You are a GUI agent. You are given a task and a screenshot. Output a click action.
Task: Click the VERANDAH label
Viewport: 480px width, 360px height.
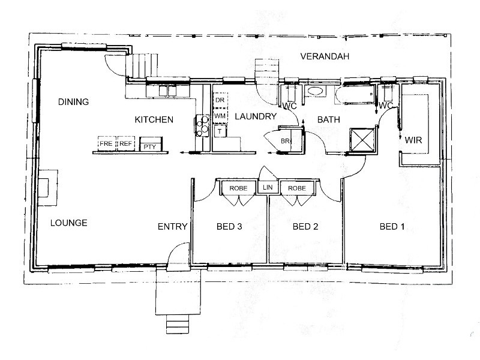click(325, 56)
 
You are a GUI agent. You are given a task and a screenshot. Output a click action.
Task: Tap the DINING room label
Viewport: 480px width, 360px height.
click(73, 101)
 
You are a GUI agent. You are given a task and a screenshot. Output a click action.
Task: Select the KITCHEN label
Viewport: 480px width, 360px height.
click(154, 119)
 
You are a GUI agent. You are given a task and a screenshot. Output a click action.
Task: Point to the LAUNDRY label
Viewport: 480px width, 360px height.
click(256, 116)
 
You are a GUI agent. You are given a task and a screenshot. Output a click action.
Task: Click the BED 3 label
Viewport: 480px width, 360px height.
click(229, 227)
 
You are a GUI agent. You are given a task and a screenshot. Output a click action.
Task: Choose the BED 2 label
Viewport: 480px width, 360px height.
click(305, 227)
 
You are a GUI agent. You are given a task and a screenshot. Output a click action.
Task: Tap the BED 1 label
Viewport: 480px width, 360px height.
click(392, 227)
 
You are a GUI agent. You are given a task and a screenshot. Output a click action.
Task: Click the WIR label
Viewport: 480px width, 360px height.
click(413, 140)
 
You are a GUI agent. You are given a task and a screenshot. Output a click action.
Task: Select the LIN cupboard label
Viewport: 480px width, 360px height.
click(268, 187)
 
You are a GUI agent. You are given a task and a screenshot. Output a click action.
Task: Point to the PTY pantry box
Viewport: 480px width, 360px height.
click(151, 144)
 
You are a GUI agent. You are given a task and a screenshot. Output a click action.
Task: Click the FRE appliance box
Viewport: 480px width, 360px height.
click(106, 143)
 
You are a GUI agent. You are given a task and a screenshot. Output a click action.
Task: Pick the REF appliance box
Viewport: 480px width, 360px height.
click(125, 143)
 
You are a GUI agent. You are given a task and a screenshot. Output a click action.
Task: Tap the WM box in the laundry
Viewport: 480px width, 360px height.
click(220, 116)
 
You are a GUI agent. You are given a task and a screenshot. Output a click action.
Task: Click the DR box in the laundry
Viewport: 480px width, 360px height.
click(220, 100)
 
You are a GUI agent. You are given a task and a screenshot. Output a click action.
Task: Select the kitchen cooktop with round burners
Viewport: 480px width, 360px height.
click(202, 125)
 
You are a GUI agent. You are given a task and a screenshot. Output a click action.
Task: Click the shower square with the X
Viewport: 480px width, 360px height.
click(362, 140)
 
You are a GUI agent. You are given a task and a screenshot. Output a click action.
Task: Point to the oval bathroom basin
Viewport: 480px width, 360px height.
click(315, 91)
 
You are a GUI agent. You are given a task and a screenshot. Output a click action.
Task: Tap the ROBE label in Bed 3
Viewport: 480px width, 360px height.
click(238, 188)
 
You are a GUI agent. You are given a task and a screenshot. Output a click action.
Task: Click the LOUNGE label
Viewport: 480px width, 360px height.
click(69, 223)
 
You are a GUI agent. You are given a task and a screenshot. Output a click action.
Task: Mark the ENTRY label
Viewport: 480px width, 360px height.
click(172, 227)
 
